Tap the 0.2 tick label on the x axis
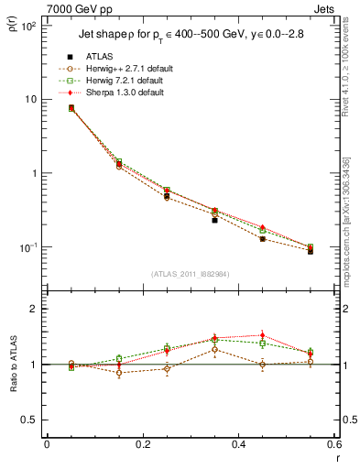click(x=142, y=444)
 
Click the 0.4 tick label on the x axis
click(x=237, y=444)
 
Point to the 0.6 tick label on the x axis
click(x=333, y=444)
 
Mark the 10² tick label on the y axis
click(x=29, y=25)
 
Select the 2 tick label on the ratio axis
click(x=35, y=309)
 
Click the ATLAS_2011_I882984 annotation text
click(x=188, y=273)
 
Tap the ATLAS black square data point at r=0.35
click(x=214, y=220)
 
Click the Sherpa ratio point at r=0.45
click(x=262, y=335)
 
